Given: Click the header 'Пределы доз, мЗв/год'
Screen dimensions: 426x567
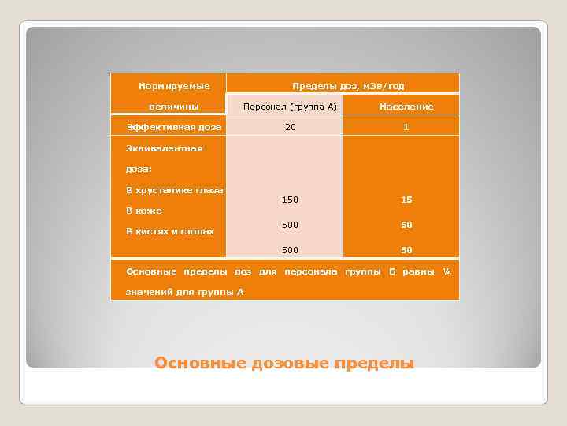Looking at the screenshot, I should (348, 86).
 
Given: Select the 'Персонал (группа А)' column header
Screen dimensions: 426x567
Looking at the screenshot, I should (290, 106).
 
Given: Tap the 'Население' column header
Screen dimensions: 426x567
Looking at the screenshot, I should (406, 106).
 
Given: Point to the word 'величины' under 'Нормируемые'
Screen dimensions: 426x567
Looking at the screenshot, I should (173, 106).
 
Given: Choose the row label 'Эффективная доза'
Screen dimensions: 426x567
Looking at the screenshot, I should (174, 127).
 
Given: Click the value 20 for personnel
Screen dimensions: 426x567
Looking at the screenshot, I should (291, 127).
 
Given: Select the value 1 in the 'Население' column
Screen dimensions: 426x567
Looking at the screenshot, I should (406, 127).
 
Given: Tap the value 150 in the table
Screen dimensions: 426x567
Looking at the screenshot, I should (290, 200).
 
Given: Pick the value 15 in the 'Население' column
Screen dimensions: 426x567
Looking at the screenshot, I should (406, 200).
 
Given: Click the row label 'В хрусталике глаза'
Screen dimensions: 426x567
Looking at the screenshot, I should (174, 190).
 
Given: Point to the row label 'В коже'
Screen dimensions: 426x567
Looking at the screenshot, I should (144, 211).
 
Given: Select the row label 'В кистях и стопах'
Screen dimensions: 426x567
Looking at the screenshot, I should (170, 231).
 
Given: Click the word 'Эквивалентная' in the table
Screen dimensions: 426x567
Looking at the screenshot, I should (164, 148).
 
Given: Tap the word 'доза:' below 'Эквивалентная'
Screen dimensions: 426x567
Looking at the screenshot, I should (139, 169).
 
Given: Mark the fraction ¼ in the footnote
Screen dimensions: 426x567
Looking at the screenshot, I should (446, 271).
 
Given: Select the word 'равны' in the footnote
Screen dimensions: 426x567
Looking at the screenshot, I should (417, 271).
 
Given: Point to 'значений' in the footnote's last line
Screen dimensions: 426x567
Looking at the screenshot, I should (147, 292).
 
